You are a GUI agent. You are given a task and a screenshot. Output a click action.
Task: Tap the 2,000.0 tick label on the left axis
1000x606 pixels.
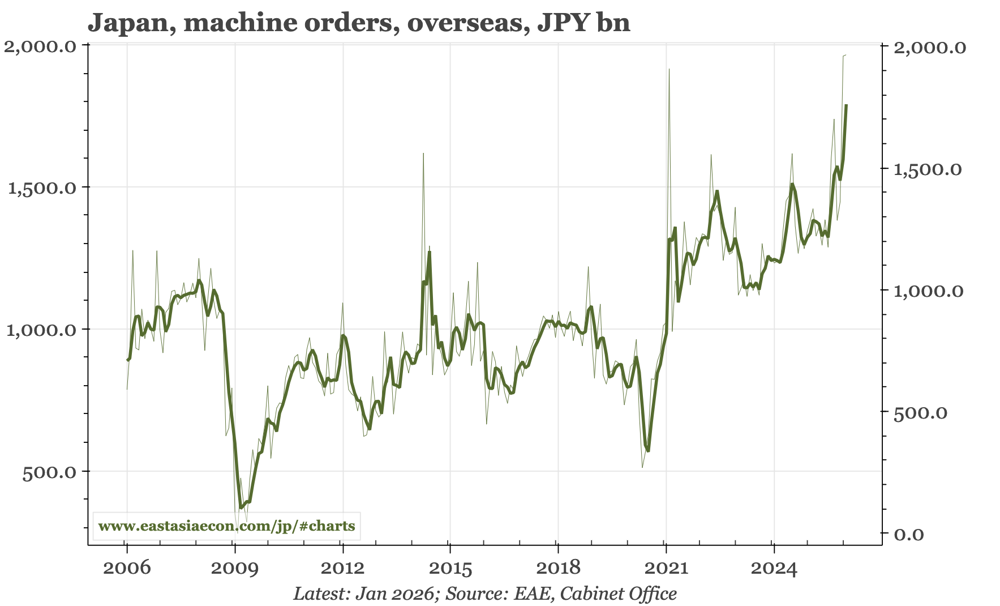pyautogui.click(x=40, y=46)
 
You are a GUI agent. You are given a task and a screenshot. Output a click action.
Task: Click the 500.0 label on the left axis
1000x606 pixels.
pyautogui.click(x=49, y=472)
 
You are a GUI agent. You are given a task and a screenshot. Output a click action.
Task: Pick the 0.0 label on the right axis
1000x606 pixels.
pyautogui.click(x=908, y=535)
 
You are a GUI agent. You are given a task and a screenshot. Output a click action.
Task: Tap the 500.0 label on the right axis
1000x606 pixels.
pyautogui.click(x=920, y=413)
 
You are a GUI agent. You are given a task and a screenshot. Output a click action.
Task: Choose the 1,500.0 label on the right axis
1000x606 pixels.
pyautogui.click(x=928, y=169)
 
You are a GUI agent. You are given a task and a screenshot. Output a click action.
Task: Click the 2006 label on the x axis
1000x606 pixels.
pyautogui.click(x=127, y=567)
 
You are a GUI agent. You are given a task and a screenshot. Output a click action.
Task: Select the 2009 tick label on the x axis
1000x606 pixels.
pyautogui.click(x=234, y=567)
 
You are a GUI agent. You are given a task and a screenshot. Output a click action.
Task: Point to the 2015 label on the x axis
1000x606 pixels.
pyautogui.click(x=450, y=567)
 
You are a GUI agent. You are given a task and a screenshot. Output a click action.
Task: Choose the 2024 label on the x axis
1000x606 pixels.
pyautogui.click(x=774, y=567)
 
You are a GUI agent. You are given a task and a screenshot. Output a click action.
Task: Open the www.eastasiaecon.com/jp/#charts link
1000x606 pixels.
pyautogui.click(x=226, y=526)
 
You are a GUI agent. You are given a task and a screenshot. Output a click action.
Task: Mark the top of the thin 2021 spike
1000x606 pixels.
pyautogui.click(x=669, y=70)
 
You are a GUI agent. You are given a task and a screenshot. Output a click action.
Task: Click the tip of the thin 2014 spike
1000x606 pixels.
pyautogui.click(x=423, y=153)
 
